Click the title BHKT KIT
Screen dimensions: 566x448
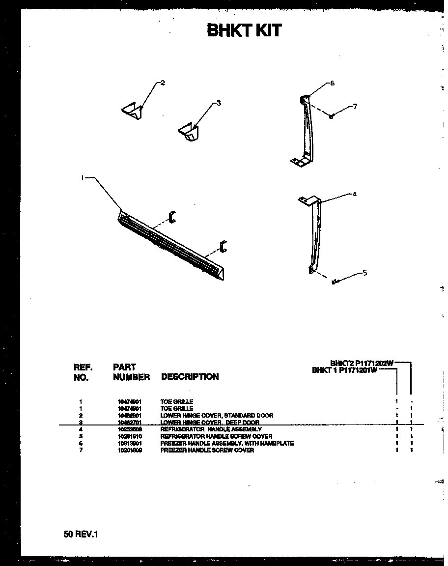(244, 30)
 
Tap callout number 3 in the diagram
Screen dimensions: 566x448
(219, 103)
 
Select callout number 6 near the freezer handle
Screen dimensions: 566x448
(332, 83)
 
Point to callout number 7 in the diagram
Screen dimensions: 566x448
(355, 106)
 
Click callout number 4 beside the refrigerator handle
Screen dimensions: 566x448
(354, 194)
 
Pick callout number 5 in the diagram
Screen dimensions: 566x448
(364, 273)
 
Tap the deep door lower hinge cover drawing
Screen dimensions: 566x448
(190, 132)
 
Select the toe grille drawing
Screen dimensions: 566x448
(172, 246)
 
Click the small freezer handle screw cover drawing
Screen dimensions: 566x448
(332, 116)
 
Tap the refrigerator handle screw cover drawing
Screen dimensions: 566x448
(336, 282)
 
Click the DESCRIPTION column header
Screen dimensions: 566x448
(190, 377)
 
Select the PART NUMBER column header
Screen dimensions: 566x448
(131, 372)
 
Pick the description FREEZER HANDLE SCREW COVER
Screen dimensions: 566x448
(207, 450)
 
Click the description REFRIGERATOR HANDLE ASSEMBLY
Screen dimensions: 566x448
(211, 429)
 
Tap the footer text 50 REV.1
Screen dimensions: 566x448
(81, 534)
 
